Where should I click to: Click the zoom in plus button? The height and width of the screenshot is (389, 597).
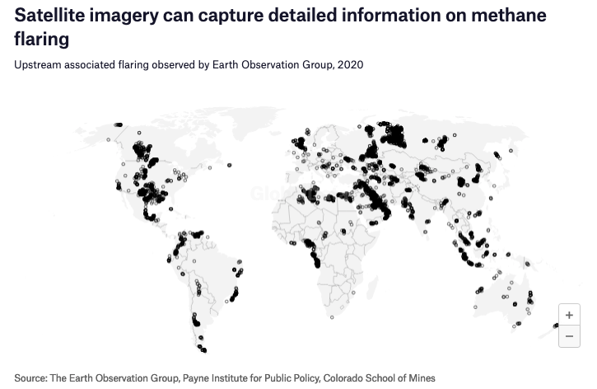point(569,316)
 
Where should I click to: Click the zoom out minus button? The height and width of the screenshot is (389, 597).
point(569,336)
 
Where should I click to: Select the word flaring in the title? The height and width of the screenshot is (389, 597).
point(41,39)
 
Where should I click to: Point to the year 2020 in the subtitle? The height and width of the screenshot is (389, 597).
point(350,64)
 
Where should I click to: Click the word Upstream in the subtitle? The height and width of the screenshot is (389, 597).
point(38,64)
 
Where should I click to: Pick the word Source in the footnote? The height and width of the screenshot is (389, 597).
point(30,378)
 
